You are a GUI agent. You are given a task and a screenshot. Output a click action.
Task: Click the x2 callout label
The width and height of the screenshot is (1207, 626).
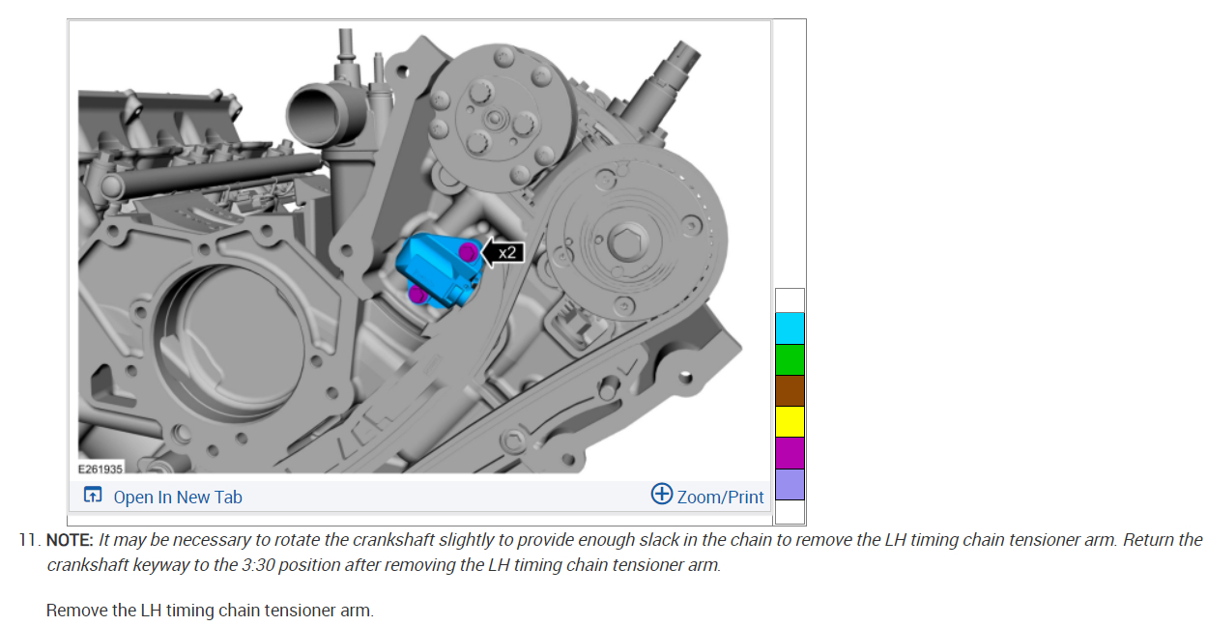coord(507,253)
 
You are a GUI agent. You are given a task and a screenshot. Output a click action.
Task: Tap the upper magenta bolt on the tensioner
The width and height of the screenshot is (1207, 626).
coord(469,252)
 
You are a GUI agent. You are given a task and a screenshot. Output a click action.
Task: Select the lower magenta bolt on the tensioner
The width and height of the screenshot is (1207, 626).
coord(417,294)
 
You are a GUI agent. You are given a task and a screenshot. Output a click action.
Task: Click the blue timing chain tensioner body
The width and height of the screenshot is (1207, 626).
coord(437,270)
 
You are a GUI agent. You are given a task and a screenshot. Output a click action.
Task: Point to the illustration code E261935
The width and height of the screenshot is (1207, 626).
coord(101,469)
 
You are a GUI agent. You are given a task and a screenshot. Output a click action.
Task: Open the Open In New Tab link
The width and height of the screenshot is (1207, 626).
coord(178,497)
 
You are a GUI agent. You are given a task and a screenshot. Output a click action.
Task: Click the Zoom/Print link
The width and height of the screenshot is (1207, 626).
coord(720,497)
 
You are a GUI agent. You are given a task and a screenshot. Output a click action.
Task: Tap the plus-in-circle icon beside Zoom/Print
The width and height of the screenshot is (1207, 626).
coord(662,494)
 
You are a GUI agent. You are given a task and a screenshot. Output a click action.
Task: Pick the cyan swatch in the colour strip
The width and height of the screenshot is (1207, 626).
coord(790,328)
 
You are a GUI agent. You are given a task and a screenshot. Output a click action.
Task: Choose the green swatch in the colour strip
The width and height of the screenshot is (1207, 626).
coord(790,359)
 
